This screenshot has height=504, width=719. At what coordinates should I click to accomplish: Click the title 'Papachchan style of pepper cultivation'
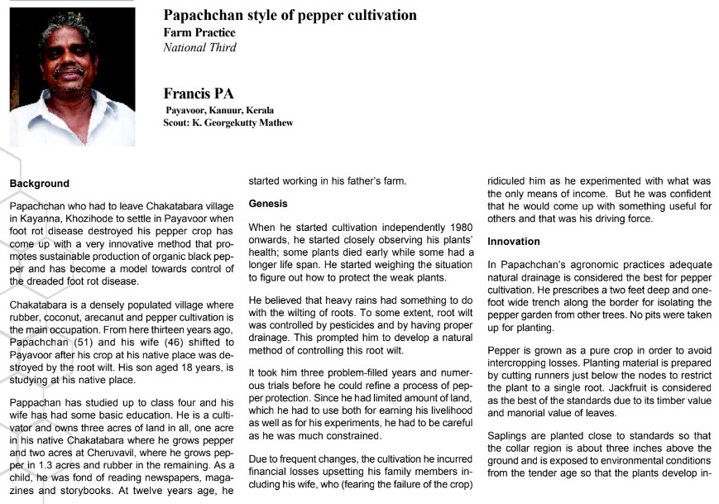click(290, 16)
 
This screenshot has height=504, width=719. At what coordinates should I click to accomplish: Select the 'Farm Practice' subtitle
click(199, 33)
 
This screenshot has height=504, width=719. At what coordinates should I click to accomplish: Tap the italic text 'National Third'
click(200, 48)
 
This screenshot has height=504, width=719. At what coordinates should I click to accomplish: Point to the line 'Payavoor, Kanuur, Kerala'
click(220, 110)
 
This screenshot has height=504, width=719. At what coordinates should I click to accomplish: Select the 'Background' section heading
click(39, 183)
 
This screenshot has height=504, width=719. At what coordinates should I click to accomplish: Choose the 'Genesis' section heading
click(269, 202)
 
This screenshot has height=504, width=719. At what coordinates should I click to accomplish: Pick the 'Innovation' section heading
click(514, 242)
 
